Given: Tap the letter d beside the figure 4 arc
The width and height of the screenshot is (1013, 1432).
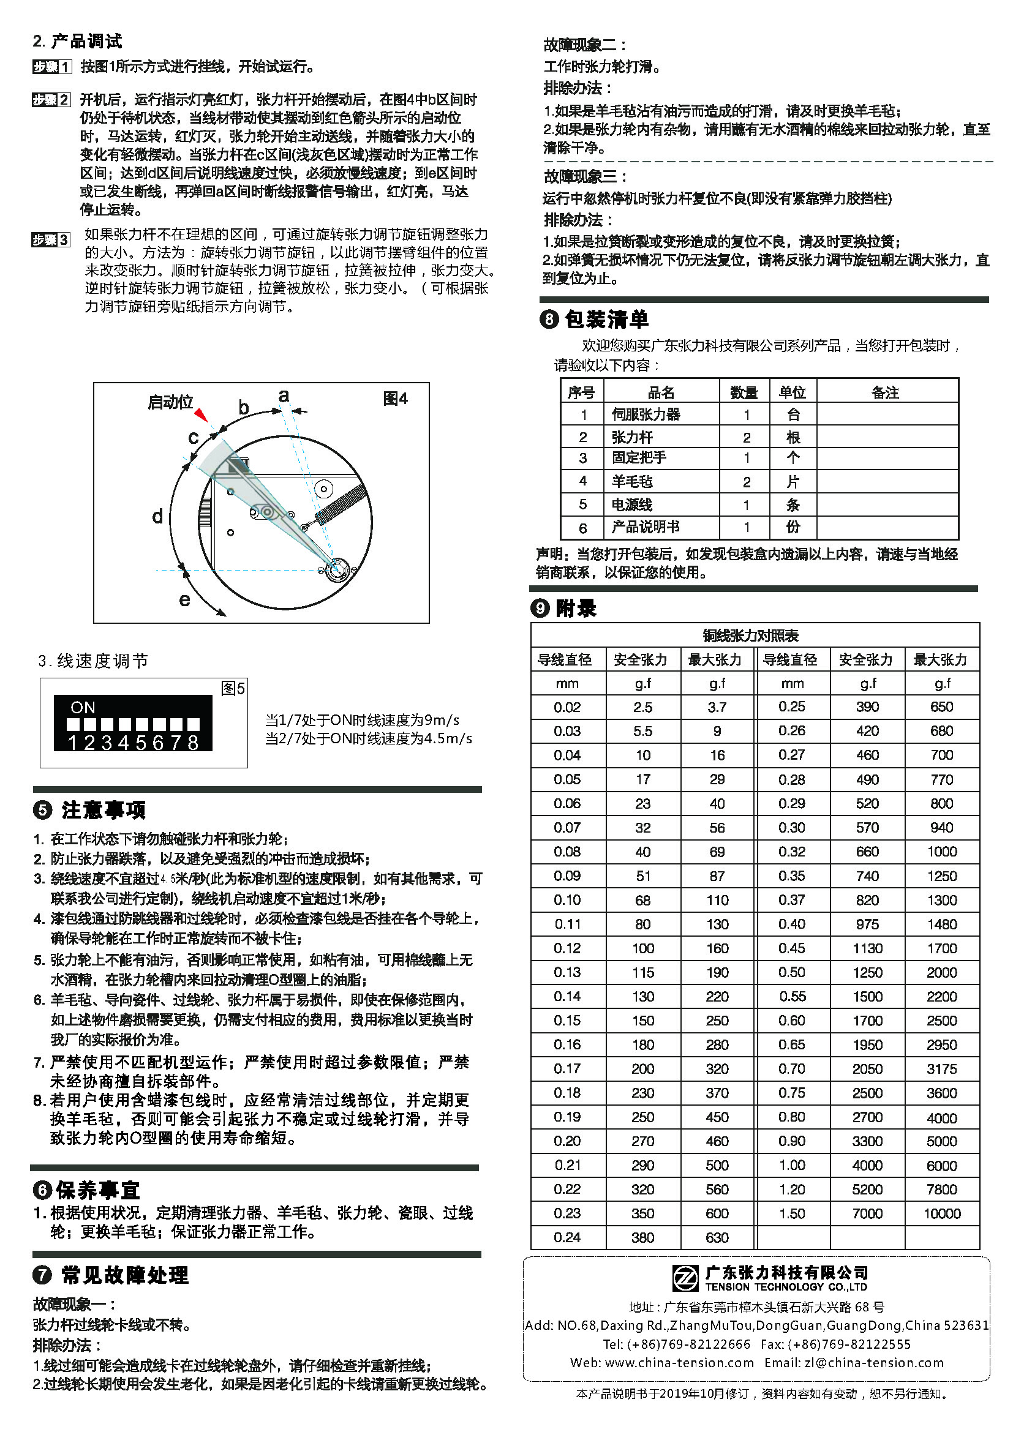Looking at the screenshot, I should pos(158,517).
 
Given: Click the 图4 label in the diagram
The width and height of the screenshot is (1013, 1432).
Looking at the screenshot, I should pos(395,399).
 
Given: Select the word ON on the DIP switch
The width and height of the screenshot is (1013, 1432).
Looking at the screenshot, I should pos(83,707).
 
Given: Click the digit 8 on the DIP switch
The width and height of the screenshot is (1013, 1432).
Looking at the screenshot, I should pos(193,742).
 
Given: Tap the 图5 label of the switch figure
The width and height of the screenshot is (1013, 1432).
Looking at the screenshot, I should pos(233,689).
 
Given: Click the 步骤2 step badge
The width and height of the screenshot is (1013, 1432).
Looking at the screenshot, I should pos(51,100).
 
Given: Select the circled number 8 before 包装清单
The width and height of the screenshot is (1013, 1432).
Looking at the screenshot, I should pos(548,320).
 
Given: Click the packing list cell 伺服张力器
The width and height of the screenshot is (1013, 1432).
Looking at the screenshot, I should pos(646,414).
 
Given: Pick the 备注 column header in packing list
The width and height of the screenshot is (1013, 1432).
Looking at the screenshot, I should pos(885,392).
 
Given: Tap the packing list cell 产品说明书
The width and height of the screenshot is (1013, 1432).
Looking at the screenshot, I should pos(646,527).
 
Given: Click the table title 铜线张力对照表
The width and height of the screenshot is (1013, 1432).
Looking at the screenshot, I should pos(751,635).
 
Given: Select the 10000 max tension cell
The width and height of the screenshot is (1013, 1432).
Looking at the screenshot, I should pos(942,1213).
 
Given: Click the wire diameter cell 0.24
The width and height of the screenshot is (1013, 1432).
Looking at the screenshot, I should pos(567,1237).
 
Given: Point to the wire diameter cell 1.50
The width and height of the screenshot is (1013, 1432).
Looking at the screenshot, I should pos(792,1213).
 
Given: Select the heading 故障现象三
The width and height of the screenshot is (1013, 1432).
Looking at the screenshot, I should pos(584,176).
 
